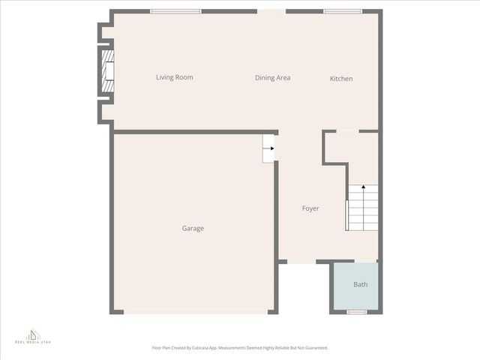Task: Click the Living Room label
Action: (174, 77)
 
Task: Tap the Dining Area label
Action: (272, 77)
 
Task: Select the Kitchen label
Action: (341, 79)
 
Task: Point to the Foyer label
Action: (310, 208)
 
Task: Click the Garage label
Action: (193, 229)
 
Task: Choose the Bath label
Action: (361, 285)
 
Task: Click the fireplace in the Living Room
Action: (109, 70)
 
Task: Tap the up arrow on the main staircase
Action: (364, 187)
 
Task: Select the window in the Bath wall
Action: (357, 312)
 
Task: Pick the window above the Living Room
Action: (175, 11)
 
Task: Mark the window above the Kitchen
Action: (343, 11)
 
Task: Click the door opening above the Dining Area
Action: (271, 11)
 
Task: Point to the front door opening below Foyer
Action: (301, 262)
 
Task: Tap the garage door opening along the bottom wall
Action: (199, 312)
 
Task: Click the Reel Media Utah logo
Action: (33, 335)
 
